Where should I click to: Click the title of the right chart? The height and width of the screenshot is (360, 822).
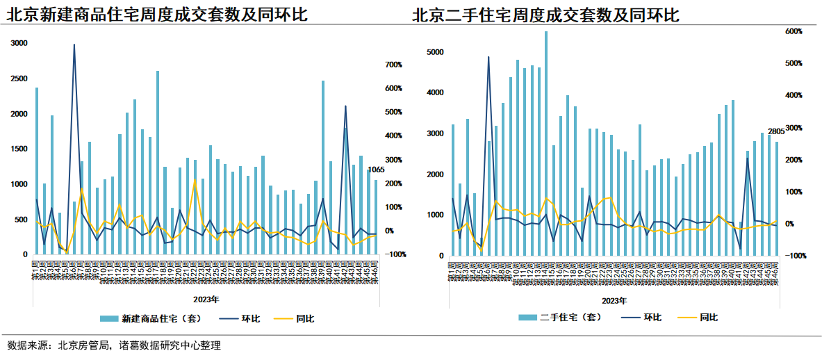tap(545, 15)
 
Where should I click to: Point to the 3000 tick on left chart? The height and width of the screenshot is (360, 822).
tap(19, 43)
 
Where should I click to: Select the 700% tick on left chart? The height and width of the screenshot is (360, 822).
tap(394, 65)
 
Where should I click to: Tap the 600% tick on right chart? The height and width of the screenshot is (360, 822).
tap(794, 31)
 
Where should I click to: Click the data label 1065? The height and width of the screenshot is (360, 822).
tap(375, 169)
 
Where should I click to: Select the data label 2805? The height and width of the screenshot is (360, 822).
tap(775, 131)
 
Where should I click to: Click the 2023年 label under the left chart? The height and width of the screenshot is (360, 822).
tap(206, 300)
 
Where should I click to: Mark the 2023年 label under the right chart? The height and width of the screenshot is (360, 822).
tap(615, 300)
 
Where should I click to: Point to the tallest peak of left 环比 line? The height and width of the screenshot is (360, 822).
tap(74, 44)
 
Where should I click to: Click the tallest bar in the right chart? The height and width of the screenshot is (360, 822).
tap(546, 142)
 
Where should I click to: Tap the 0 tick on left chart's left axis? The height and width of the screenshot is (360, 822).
tap(25, 254)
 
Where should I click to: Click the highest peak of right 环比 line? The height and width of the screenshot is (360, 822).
tap(488, 57)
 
